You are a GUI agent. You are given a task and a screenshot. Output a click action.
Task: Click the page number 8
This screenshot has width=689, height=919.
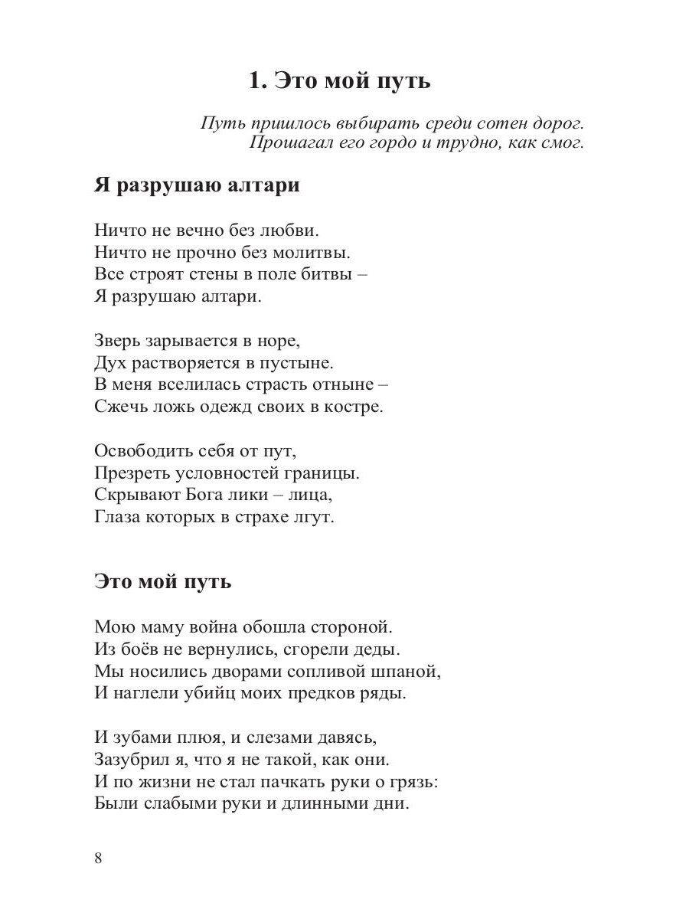98,857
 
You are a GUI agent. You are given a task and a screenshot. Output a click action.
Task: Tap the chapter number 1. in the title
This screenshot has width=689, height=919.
258,80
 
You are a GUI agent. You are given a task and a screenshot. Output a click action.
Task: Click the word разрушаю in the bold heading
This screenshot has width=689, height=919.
171,185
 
